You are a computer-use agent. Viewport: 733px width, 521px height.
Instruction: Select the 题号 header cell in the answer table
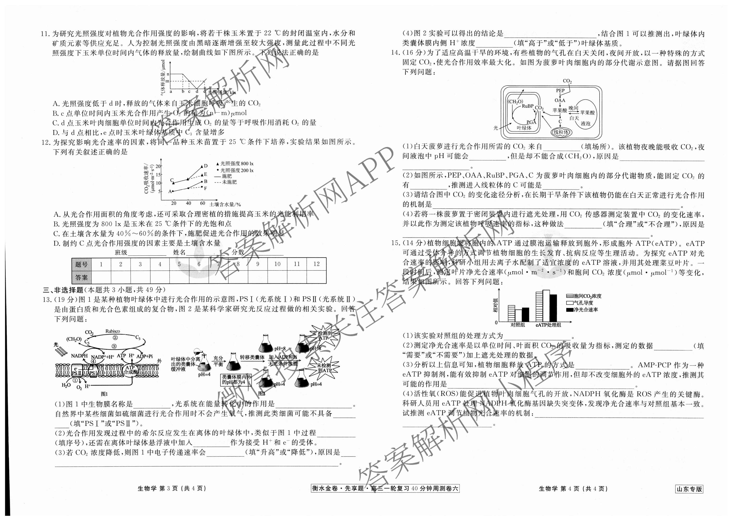pyautogui.click(x=81, y=264)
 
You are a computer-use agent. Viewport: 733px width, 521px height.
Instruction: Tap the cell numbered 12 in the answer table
pyautogui.click(x=316, y=264)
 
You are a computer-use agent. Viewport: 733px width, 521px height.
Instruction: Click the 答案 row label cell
pyautogui.click(x=81, y=277)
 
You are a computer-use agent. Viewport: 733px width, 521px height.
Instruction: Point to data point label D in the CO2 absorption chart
pyautogui.click(x=206, y=166)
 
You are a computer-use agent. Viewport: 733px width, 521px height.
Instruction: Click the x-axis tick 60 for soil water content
pyautogui.click(x=202, y=203)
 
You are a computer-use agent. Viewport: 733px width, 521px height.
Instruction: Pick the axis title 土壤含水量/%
pyautogui.click(x=225, y=204)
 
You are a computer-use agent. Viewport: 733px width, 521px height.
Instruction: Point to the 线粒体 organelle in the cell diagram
pyautogui.click(x=561, y=132)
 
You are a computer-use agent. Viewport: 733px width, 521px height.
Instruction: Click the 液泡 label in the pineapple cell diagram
pyautogui.click(x=585, y=123)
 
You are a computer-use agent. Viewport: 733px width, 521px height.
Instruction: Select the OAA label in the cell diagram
pyautogui.click(x=560, y=100)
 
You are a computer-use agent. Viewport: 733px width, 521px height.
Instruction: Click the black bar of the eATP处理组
pyautogui.click(x=553, y=308)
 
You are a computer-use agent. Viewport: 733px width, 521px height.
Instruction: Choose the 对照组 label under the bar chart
pyautogui.click(x=518, y=325)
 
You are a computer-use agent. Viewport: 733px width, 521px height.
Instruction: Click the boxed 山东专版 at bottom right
pyautogui.click(x=689, y=489)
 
